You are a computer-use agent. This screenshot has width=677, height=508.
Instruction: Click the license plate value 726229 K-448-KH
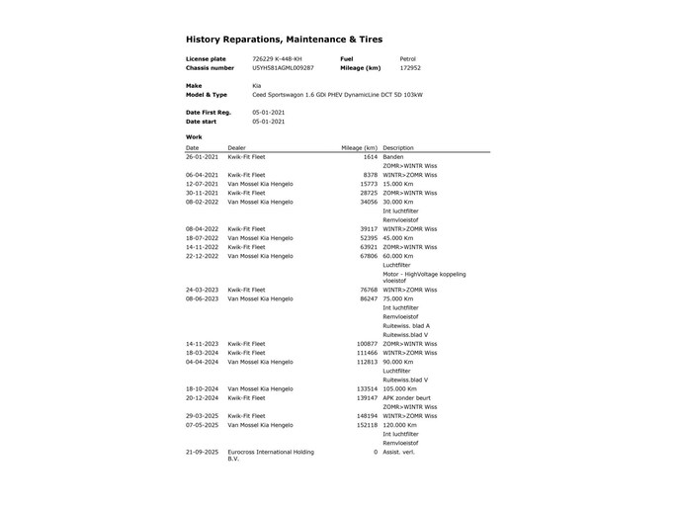point(277,59)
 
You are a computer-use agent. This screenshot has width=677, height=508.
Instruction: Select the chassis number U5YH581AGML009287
point(283,68)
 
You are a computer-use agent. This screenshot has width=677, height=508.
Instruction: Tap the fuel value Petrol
point(407,59)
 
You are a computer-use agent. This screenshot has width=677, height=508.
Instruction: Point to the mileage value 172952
point(409,68)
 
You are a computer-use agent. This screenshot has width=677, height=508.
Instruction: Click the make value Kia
point(257,86)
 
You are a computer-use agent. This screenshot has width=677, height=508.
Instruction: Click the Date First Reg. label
point(209,113)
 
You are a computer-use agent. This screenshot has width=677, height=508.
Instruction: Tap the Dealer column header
point(236,147)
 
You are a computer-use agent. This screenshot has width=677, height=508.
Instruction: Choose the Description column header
point(398,147)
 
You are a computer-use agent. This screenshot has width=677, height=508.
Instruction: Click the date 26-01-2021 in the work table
point(202,156)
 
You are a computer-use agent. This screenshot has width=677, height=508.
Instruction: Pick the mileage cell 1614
point(370,156)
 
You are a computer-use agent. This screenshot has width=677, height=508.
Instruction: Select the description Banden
point(393,156)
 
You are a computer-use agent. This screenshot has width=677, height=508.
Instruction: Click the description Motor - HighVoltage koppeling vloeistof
point(424,277)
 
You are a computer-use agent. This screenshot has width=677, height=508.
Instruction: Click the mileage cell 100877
point(366,344)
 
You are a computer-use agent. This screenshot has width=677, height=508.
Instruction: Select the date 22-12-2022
point(202,256)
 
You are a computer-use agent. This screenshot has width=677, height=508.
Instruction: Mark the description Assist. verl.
point(400,452)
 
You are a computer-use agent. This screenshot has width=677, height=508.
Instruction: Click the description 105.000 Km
point(399,388)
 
